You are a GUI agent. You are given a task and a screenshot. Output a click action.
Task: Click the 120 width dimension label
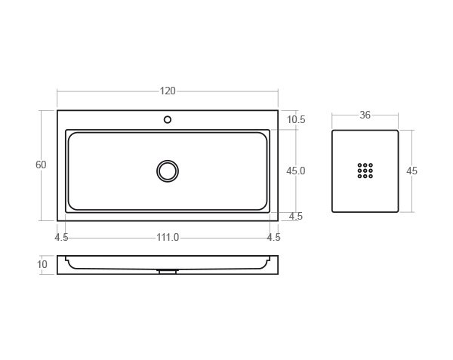pyautogui.click(x=168, y=91)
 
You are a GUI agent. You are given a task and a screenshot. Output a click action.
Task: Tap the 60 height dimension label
pyautogui.click(x=41, y=165)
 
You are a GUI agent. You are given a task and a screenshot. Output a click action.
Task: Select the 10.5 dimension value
pyautogui.click(x=296, y=120)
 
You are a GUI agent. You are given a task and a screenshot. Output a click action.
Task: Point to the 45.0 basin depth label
pyautogui.click(x=296, y=171)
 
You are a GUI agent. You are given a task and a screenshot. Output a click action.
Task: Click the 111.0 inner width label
pyautogui.click(x=168, y=238)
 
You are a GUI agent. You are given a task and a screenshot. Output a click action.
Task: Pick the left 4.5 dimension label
pyautogui.click(x=62, y=238)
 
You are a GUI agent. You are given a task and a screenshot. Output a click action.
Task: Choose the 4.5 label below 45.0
pyautogui.click(x=296, y=217)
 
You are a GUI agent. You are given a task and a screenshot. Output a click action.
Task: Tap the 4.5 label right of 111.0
pyautogui.click(x=273, y=238)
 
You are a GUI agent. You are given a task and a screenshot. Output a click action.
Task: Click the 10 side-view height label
pyautogui.click(x=42, y=265)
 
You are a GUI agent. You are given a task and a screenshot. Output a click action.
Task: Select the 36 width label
pyautogui.click(x=365, y=115)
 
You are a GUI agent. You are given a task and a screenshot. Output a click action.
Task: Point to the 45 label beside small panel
pyautogui.click(x=411, y=171)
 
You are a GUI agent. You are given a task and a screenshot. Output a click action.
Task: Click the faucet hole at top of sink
pyautogui.click(x=168, y=119)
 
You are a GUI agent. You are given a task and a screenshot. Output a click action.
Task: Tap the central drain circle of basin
pyautogui.click(x=168, y=171)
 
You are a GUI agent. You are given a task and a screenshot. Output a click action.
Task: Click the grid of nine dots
pyautogui.click(x=365, y=171)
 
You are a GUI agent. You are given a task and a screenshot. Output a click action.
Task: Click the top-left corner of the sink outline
pyautogui.click(x=57, y=111)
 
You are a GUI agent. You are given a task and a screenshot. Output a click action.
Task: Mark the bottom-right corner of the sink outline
pyautogui.click(x=278, y=221)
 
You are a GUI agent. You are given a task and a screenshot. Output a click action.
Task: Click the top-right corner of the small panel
pyautogui.click(x=398, y=131)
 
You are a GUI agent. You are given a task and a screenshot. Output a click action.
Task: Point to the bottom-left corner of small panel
pyautogui.click(x=333, y=212)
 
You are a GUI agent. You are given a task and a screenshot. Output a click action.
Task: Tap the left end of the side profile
pyautogui.click(x=58, y=265)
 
